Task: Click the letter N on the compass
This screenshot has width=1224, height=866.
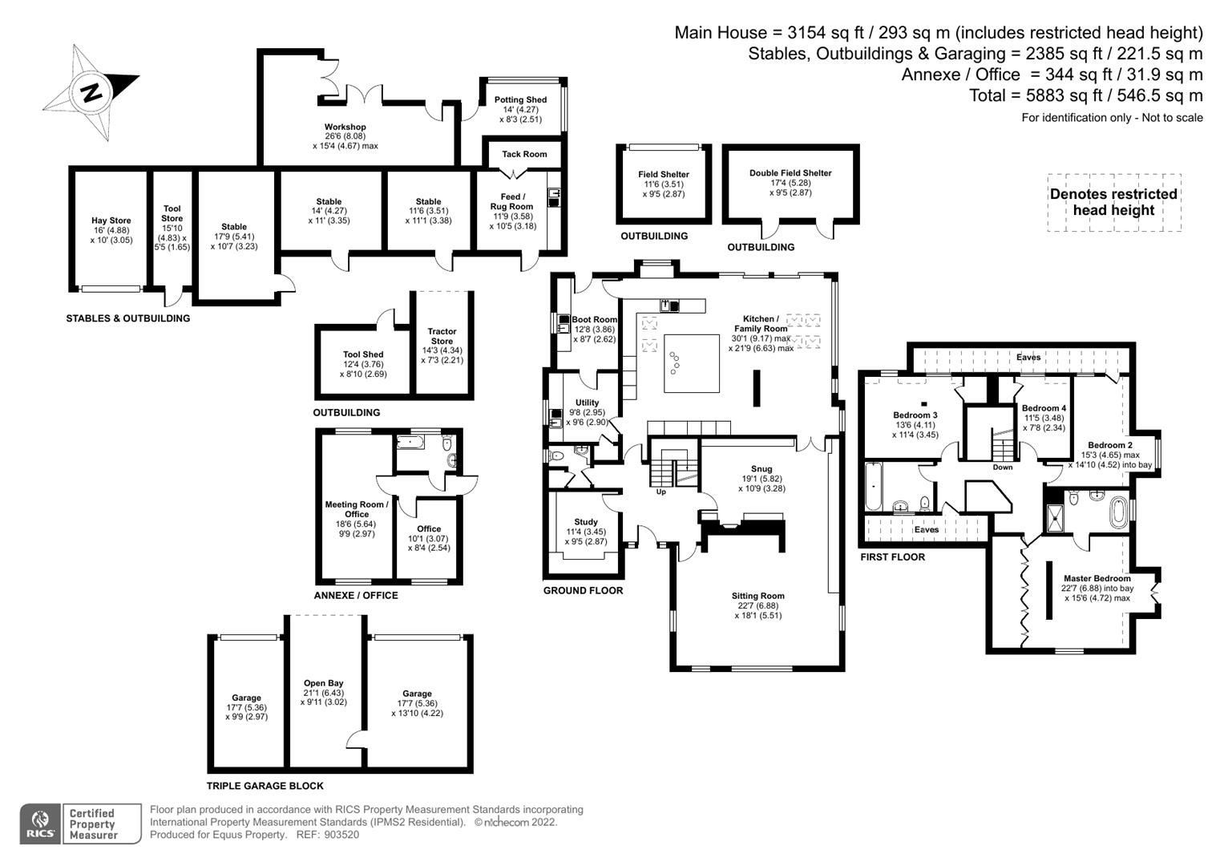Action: click(91, 92)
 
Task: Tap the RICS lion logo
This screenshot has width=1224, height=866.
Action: click(40, 823)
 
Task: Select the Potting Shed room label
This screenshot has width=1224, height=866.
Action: click(520, 100)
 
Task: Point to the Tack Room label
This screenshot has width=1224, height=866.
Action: click(524, 154)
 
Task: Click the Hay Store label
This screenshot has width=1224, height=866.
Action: click(111, 221)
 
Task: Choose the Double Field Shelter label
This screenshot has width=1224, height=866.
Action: click(790, 173)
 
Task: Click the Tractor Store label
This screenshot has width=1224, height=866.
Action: click(442, 336)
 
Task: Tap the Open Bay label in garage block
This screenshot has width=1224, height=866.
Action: click(324, 683)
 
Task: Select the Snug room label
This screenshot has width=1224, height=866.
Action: click(761, 469)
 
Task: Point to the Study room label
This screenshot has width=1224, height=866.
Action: click(586, 522)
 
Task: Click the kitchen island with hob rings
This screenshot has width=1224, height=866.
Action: click(691, 363)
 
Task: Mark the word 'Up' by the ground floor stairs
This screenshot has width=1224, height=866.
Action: click(661, 492)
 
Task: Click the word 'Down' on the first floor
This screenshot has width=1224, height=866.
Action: click(1003, 467)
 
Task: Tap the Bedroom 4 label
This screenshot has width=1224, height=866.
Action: click(1044, 408)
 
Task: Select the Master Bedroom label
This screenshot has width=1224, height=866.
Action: click(1097, 578)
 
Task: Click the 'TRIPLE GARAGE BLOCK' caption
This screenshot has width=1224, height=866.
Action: click(265, 786)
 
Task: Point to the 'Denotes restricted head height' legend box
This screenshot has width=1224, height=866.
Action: click(1114, 202)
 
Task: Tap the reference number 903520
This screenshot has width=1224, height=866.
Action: click(341, 835)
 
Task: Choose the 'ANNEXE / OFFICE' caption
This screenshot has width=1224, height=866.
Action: click(356, 595)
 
